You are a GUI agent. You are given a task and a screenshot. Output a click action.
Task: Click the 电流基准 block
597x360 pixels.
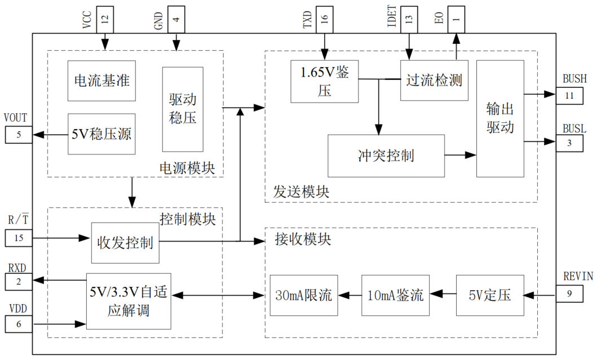click(x=101, y=81)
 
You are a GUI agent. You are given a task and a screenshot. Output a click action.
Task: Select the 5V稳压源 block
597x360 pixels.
click(x=101, y=134)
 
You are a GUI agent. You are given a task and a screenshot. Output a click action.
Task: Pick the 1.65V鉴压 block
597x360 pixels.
click(x=324, y=81)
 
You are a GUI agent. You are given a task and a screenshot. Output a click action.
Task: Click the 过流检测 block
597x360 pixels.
click(x=434, y=80)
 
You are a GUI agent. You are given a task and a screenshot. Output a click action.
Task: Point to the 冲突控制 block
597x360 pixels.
click(x=386, y=155)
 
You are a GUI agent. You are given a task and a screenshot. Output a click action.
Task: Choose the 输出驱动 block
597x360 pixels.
click(x=500, y=118)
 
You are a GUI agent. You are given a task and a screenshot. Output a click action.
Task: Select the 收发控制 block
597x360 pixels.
click(x=125, y=243)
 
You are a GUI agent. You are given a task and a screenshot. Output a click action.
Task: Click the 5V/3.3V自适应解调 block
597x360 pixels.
click(x=128, y=301)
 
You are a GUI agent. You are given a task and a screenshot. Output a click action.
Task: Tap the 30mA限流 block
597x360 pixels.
click(x=304, y=295)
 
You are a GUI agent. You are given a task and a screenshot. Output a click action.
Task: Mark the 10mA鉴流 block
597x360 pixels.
click(x=395, y=295)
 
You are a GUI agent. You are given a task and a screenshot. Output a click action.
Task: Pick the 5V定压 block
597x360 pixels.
click(x=489, y=295)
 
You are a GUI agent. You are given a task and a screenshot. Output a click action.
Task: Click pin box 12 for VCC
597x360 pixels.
click(x=104, y=20)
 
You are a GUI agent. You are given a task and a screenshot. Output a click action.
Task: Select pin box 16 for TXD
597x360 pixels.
click(x=324, y=20)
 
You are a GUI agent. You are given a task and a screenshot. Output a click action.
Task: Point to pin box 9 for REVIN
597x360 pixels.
click(x=569, y=293)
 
